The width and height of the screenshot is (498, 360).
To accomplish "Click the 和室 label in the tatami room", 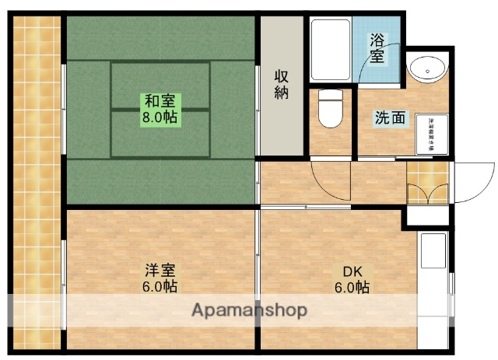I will pyautogui.click(x=161, y=100).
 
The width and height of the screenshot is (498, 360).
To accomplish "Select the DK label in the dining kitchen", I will pyautogui.click(x=352, y=271).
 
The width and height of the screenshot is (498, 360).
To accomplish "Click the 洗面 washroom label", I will pyautogui.click(x=389, y=118).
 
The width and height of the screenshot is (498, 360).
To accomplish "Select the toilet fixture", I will pyautogui.click(x=331, y=110).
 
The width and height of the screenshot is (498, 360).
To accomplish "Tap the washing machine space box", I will pyautogui.click(x=430, y=135).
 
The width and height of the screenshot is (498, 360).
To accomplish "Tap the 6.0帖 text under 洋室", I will pyautogui.click(x=160, y=287).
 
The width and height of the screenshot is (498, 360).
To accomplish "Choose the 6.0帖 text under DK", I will pyautogui.click(x=352, y=288).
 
